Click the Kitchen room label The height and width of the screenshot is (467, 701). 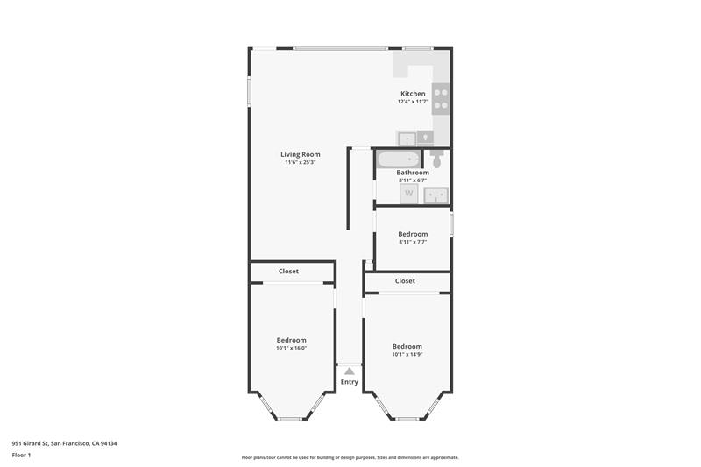[x=413, y=94]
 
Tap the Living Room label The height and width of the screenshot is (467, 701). [x=300, y=154]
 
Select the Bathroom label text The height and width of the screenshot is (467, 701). [x=413, y=173]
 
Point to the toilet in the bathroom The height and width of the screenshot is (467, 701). [x=438, y=159]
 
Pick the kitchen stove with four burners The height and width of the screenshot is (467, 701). [x=442, y=99]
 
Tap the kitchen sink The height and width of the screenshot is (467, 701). [x=407, y=138]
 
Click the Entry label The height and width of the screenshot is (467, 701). [x=350, y=382]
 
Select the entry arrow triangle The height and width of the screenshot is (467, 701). [x=350, y=371]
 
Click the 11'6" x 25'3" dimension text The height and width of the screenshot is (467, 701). [x=300, y=162]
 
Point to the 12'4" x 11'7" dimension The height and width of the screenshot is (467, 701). [x=413, y=102]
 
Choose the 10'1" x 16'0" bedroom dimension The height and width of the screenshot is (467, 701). [x=292, y=348]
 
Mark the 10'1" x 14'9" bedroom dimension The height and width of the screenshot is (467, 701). [x=407, y=354]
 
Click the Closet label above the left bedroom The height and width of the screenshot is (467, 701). [x=288, y=272]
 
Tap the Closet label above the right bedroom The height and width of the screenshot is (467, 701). [x=405, y=281]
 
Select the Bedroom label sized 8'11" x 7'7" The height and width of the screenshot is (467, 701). [x=413, y=234]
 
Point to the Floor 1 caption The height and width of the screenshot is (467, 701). [x=22, y=456]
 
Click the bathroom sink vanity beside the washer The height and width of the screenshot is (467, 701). [x=437, y=195]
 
